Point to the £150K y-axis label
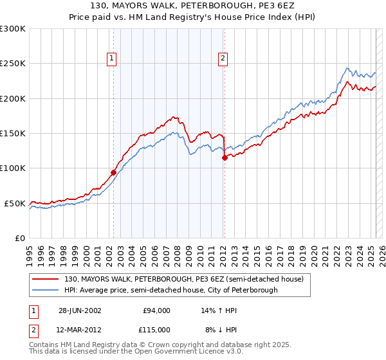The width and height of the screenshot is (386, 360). [x=13, y=133]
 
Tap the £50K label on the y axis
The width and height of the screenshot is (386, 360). [x=15, y=203]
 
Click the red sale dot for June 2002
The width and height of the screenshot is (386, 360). [x=114, y=172]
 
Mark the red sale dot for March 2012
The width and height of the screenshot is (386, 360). [x=225, y=157]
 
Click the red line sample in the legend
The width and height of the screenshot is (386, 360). [x=46, y=279]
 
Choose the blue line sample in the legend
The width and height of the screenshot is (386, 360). [x=46, y=290]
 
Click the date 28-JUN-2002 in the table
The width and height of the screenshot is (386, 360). [x=80, y=310]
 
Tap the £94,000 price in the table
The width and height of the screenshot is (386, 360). [x=157, y=310]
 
